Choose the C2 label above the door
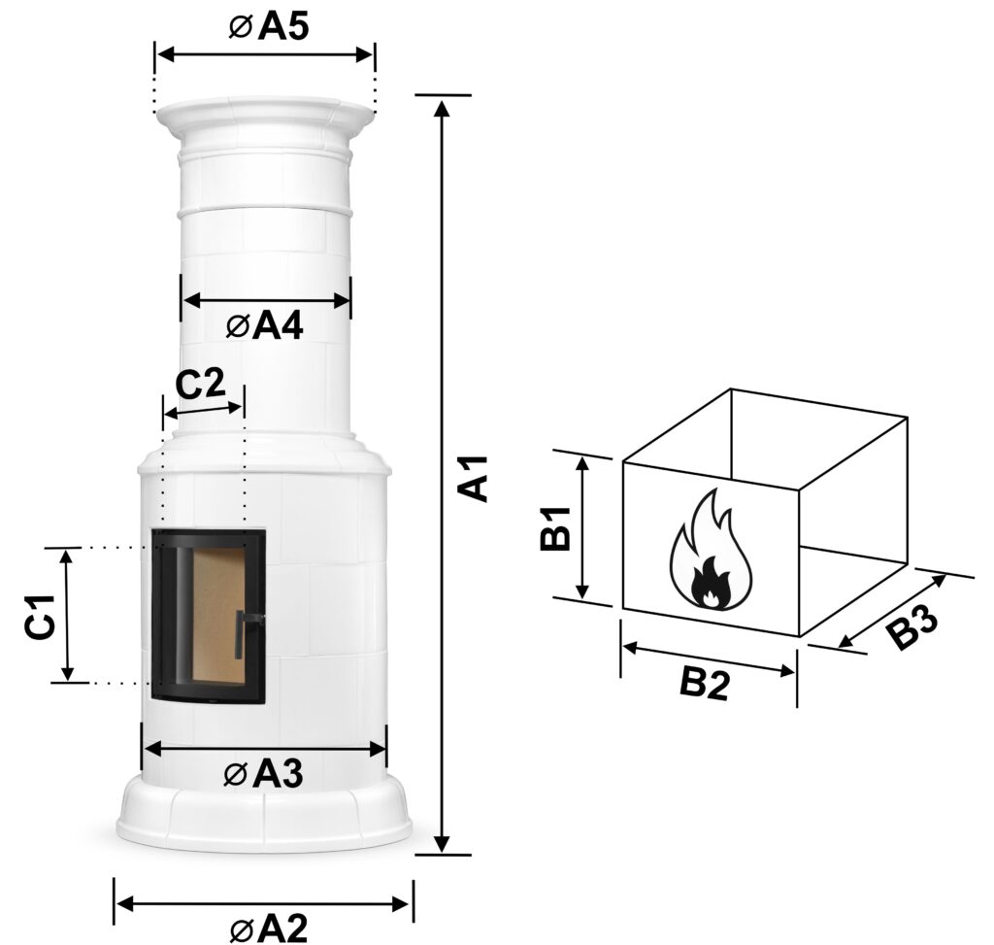coord(200,385)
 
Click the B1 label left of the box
coord(556,528)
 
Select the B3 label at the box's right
coord(911,626)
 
